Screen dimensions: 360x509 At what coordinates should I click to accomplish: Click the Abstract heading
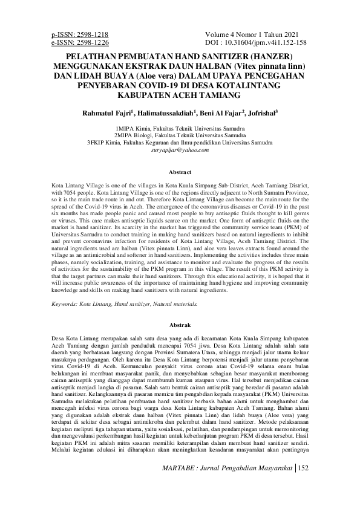click(x=180, y=172)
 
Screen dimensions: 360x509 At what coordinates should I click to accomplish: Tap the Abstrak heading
click(x=180, y=324)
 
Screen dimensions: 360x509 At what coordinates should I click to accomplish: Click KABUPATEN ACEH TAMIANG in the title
click(x=180, y=96)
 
